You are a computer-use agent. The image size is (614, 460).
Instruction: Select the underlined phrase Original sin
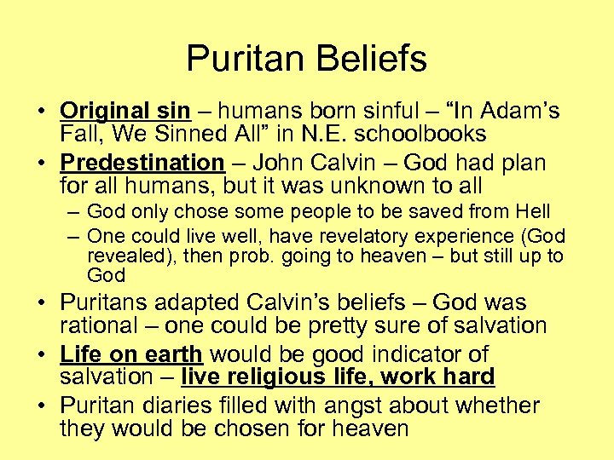125,112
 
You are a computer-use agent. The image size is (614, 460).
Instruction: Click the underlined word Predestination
142,163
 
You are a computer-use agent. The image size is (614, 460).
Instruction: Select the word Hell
532,211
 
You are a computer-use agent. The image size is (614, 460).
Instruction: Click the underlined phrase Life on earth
131,354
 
